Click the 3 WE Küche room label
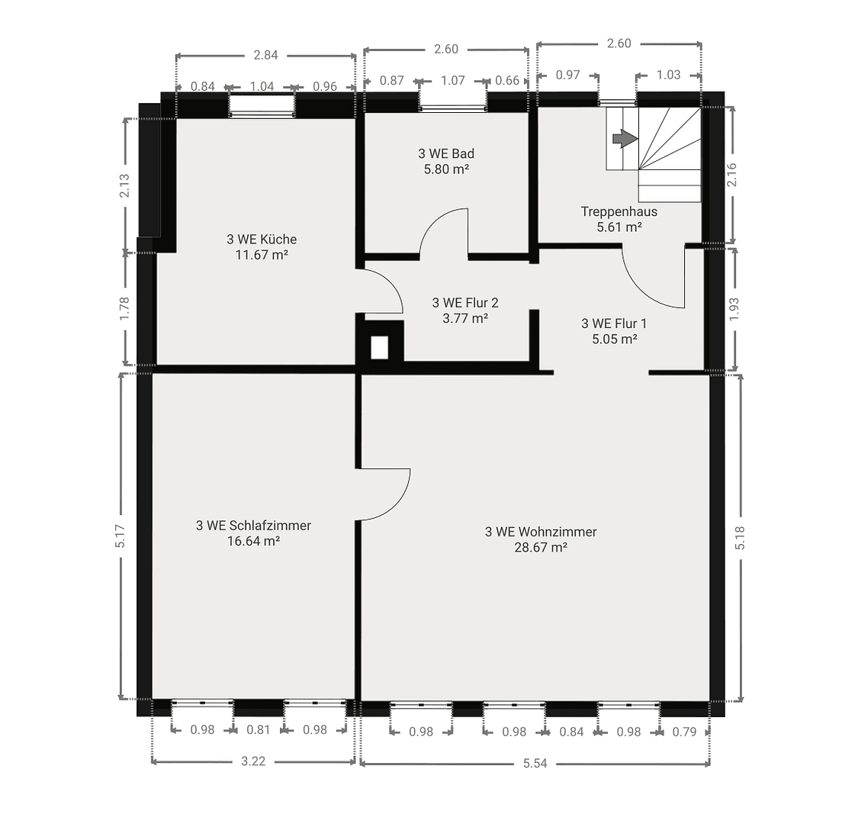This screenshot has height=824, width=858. (x=261, y=239)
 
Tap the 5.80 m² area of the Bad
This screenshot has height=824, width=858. (x=446, y=169)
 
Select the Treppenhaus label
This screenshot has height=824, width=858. (x=619, y=211)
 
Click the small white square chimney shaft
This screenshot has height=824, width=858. (x=379, y=347)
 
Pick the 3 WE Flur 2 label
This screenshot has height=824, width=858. (x=465, y=303)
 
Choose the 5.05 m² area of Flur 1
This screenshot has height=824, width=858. (x=614, y=339)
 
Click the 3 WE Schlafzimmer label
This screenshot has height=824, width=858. (x=253, y=525)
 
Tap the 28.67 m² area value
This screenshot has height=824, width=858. (x=541, y=547)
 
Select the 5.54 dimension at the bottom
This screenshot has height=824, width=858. (x=535, y=763)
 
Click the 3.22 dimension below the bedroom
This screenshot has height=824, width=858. (x=253, y=761)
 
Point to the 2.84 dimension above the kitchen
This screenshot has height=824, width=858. (x=265, y=54)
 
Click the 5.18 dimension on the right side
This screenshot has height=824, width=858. (x=739, y=538)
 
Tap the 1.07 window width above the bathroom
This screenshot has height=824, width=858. (x=453, y=80)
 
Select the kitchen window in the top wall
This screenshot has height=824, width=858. (x=262, y=106)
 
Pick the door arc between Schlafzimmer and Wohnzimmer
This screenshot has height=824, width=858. (x=397, y=500)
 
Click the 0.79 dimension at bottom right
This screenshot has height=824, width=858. (x=684, y=732)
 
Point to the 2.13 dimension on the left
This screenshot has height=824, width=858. (x=124, y=185)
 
